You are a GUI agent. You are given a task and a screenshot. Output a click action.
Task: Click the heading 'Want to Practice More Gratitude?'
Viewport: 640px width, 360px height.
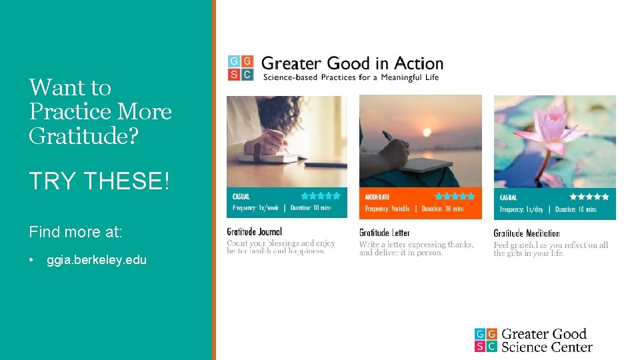[x=100, y=111]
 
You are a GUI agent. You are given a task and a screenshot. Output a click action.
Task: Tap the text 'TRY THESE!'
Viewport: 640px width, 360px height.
[x=99, y=180]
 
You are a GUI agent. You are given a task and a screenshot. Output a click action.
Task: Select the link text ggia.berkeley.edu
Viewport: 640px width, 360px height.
[x=97, y=260]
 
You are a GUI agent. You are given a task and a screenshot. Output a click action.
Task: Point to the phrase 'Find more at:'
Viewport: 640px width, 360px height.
[x=75, y=232]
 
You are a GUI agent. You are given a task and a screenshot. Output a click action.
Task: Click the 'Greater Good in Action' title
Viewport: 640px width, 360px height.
[x=352, y=63]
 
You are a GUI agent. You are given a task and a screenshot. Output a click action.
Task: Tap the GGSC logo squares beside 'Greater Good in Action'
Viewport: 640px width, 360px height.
[x=240, y=68]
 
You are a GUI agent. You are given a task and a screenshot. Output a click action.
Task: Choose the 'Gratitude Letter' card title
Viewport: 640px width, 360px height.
[x=385, y=233]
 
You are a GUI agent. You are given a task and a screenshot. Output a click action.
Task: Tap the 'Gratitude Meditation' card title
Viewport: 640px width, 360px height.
[x=527, y=233]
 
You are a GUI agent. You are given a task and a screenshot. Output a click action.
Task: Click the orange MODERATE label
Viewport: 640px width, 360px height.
[x=378, y=197]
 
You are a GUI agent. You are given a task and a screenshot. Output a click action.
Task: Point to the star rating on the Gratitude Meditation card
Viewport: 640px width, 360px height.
[x=589, y=197]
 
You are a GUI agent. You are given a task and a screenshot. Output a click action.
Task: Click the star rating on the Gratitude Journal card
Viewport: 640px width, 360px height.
[x=321, y=196]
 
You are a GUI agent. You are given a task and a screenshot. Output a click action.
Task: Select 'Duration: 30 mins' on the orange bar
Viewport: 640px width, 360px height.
[x=444, y=209]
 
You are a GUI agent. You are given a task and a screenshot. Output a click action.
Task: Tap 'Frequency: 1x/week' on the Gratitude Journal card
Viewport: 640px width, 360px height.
[x=256, y=208]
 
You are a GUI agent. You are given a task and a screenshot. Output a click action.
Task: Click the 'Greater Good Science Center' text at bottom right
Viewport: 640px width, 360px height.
[x=546, y=340]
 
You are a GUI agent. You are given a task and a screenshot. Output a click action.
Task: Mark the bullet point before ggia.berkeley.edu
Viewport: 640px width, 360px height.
[x=32, y=260]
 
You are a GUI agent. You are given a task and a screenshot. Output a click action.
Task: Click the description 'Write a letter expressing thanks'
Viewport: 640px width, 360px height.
[x=416, y=245]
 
